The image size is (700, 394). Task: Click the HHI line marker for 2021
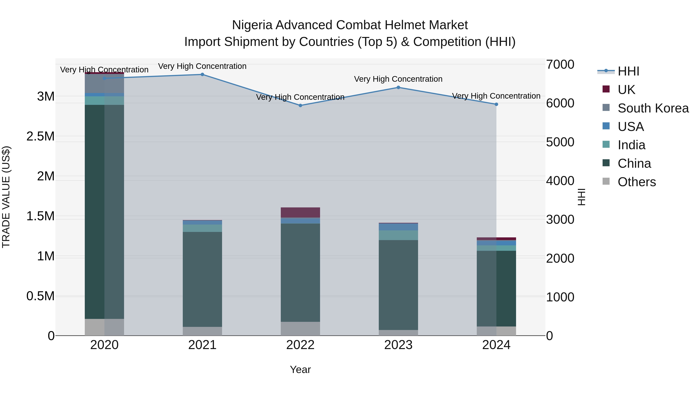(202, 75)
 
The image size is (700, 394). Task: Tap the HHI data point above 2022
(300, 105)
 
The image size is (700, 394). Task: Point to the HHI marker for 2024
(496, 104)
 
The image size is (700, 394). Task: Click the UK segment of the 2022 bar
(300, 212)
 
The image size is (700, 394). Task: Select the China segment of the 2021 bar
(202, 279)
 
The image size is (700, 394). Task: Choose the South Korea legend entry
(653, 108)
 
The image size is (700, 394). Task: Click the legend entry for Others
(636, 182)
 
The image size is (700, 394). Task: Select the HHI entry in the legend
(628, 71)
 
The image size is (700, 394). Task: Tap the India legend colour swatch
(606, 145)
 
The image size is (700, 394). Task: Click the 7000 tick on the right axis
(560, 65)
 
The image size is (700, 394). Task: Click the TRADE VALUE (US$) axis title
(6, 197)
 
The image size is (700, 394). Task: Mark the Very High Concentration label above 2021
(202, 66)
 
